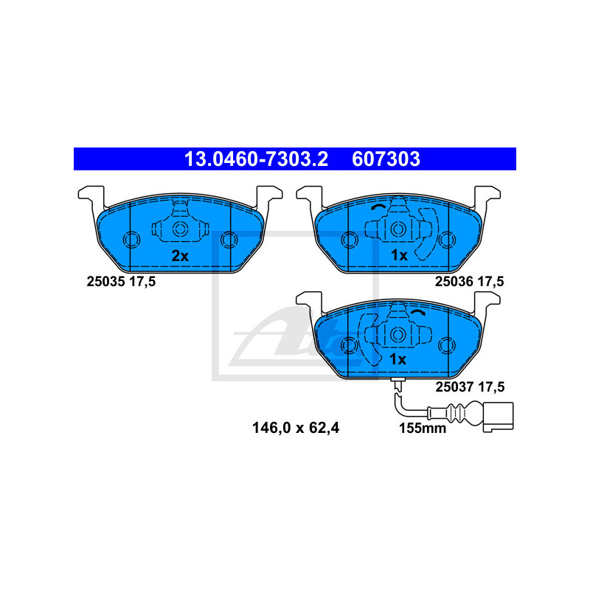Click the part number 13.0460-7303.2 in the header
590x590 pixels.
coord(256,159)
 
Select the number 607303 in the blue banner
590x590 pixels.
coord(386,159)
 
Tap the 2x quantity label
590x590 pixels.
coord(180,256)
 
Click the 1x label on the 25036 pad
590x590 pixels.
coord(399,255)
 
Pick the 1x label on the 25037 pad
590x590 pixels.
coord(398,360)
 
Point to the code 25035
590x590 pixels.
coord(105,282)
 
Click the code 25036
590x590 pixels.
coord(454,282)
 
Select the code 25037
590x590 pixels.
coord(454,386)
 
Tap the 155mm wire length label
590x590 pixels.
coord(423,428)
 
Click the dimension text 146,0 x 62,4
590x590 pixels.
coord(296,428)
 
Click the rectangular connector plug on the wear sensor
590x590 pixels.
coord(499,417)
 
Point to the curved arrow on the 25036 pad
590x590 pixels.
coord(378,207)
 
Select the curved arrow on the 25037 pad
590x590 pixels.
coord(418,313)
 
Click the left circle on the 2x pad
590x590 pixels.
coord(131,240)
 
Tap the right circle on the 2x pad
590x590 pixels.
coord(229,240)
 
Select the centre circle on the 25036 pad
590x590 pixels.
coord(398,229)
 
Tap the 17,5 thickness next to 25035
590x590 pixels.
coord(142,282)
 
